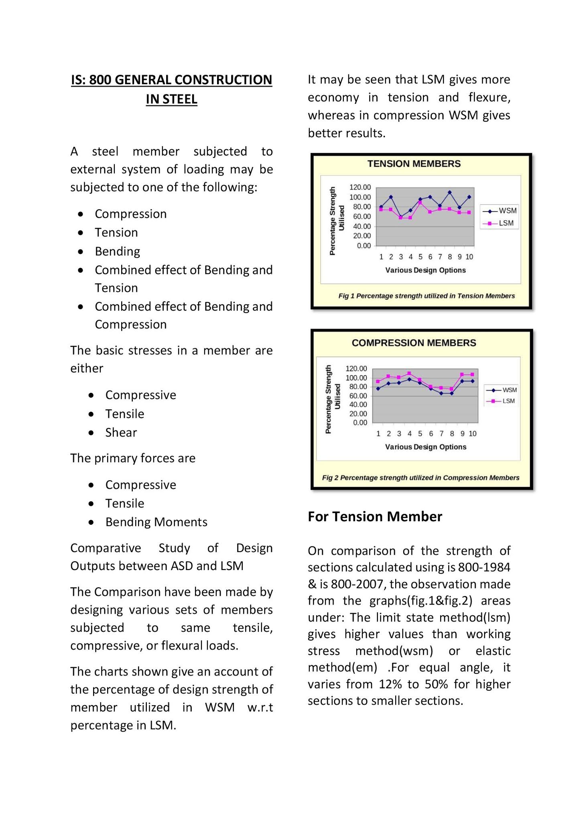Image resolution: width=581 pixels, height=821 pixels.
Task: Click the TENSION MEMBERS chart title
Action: pos(414,164)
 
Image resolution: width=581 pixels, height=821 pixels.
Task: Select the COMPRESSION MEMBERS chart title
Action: pos(414,343)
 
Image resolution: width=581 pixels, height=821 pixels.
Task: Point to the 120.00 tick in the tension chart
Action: pos(360,187)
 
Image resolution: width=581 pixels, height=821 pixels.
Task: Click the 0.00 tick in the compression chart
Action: pos(360,423)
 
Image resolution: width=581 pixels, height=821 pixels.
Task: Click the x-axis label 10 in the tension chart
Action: pos(469,257)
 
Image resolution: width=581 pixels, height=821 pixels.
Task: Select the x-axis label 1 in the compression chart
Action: pos(378,434)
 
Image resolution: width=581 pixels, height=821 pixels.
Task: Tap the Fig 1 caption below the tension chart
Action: pos(426,296)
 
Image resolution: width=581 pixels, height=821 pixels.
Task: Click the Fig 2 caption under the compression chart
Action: pos(421,478)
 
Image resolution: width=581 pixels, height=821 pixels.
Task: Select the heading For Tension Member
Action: pos(375,517)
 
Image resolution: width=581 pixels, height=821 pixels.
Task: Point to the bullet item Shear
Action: pos(121,433)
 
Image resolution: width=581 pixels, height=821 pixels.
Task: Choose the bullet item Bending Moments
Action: pos(156,522)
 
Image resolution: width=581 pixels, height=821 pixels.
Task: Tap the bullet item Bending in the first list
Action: pos(118,251)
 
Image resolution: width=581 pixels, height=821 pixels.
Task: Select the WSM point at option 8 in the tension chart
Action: pos(450,192)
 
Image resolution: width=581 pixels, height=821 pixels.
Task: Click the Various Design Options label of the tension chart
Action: pos(425,270)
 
